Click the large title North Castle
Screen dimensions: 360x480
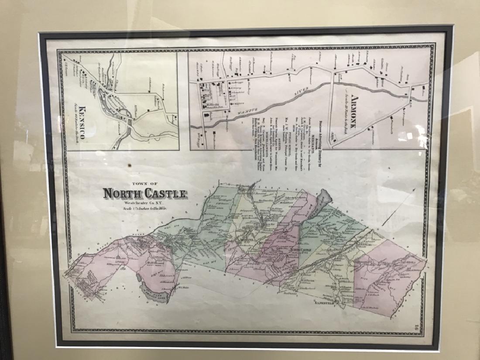click(x=145, y=193)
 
